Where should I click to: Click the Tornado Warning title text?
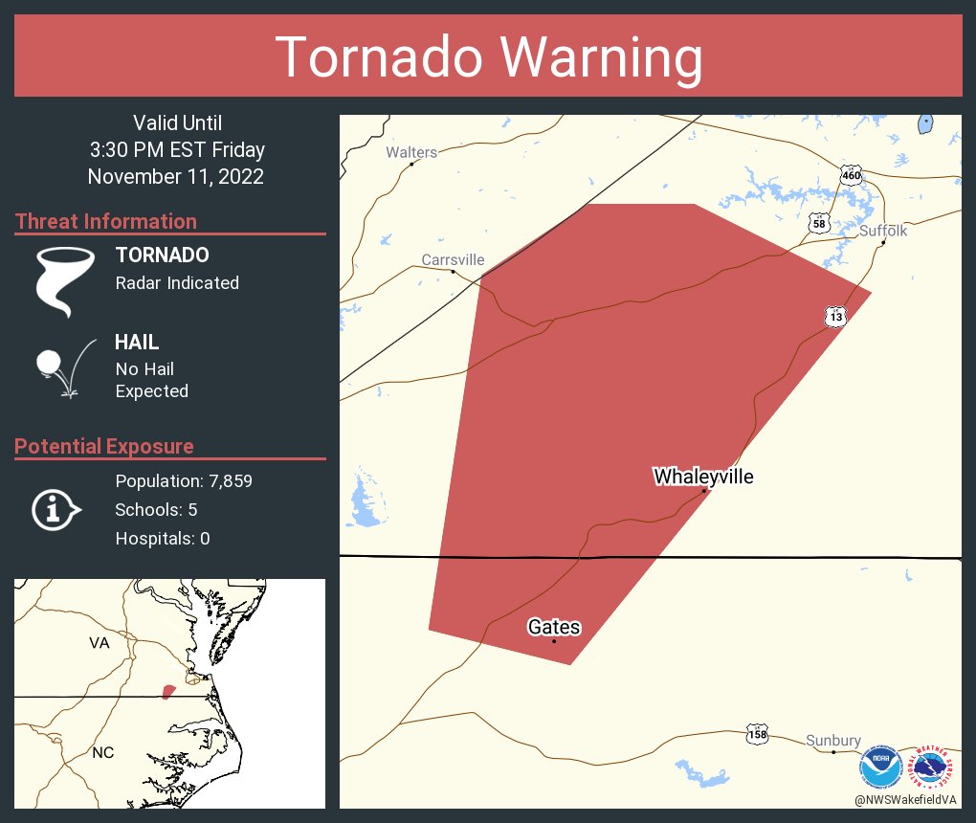pyautogui.click(x=488, y=57)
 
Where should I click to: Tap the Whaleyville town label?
pyautogui.click(x=703, y=477)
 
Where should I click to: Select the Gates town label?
pyautogui.click(x=554, y=627)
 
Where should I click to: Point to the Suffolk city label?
pyautogui.click(x=882, y=231)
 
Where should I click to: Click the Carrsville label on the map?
pyautogui.click(x=453, y=259)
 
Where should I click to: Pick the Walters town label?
pyautogui.click(x=411, y=152)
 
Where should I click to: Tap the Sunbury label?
pyautogui.click(x=832, y=741)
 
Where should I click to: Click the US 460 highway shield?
pyautogui.click(x=851, y=175)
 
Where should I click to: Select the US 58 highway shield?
pyautogui.click(x=818, y=223)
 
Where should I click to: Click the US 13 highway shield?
pyautogui.click(x=836, y=316)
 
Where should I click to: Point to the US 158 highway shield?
pyautogui.click(x=757, y=735)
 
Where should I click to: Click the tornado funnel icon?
pyautogui.click(x=65, y=280)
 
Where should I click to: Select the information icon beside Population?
pyautogui.click(x=55, y=509)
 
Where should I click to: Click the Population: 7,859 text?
pyautogui.click(x=184, y=481)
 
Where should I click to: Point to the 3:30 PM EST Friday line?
pyautogui.click(x=176, y=150)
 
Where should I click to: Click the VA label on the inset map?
pyautogui.click(x=100, y=643)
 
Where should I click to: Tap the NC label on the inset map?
pyautogui.click(x=103, y=753)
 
